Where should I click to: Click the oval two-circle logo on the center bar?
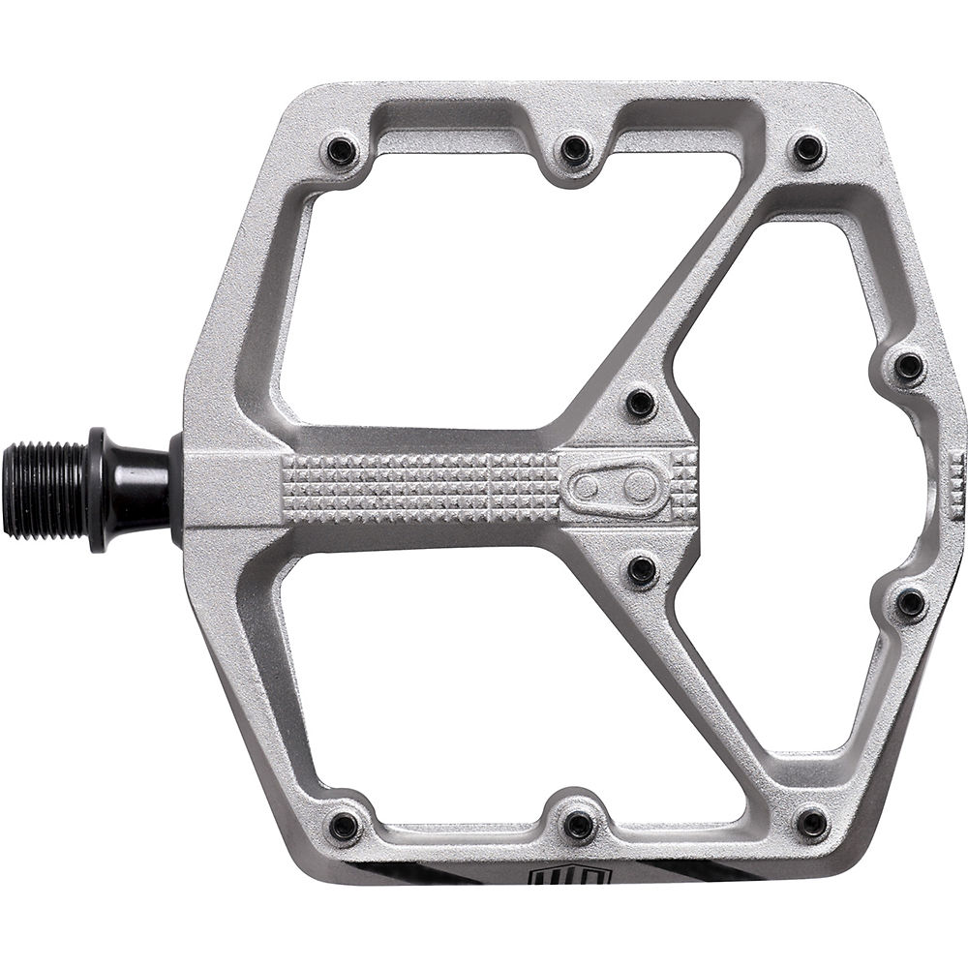point(612,488)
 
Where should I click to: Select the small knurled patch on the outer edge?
point(956,487)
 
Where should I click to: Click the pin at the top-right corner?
point(807,150)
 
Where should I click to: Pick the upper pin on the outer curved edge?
point(909,367)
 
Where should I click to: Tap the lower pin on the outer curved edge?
point(910,603)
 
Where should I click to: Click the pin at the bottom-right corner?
point(811,824)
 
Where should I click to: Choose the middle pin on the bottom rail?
point(579,826)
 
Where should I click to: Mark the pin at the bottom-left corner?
point(344,826)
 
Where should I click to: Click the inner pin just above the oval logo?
point(641,404)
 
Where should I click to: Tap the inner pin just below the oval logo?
point(642,570)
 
